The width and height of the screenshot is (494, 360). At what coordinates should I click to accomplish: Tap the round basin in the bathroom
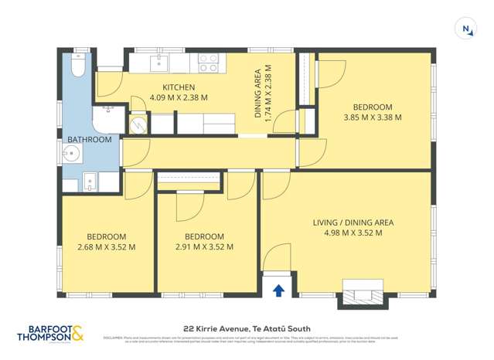click(68, 152)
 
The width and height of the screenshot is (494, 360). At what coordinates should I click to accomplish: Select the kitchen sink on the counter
click(160, 61)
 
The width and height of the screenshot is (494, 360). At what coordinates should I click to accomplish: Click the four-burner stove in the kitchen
click(208, 62)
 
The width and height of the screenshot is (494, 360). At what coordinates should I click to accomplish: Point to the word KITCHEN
click(178, 87)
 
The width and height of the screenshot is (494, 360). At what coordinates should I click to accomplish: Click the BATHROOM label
click(90, 140)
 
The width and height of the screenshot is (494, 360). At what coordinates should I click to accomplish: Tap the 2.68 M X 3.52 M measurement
click(107, 247)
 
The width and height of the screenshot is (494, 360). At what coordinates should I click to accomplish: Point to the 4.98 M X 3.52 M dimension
click(353, 233)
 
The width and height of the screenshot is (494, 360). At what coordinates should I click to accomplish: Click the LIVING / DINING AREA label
click(353, 222)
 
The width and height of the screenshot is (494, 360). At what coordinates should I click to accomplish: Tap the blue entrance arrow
click(278, 290)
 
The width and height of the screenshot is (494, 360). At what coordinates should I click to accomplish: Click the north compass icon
click(467, 29)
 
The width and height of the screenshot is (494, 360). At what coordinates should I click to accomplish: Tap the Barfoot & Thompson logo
click(52, 334)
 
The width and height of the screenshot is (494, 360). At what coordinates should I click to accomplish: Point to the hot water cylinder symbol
click(138, 124)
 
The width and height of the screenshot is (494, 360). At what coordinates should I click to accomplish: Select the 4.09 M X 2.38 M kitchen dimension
click(179, 97)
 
